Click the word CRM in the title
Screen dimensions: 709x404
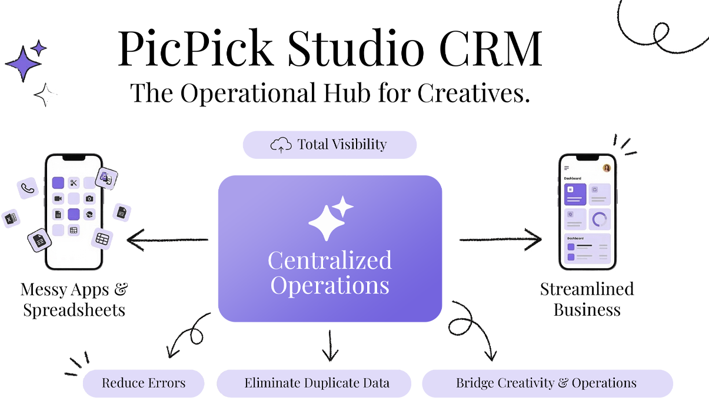click(x=491, y=48)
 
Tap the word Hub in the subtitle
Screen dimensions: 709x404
click(x=347, y=93)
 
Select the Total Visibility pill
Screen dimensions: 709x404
click(x=329, y=145)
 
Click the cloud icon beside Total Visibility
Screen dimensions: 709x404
click(x=281, y=145)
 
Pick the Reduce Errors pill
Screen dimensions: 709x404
click(x=144, y=383)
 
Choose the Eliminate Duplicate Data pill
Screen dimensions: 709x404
click(x=314, y=383)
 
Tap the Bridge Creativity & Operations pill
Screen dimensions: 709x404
click(x=547, y=383)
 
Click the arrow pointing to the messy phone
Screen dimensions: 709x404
click(x=168, y=240)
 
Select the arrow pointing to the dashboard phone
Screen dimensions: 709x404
click(x=500, y=240)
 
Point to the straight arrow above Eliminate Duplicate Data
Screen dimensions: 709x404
click(x=330, y=345)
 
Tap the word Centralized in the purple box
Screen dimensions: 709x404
click(x=330, y=261)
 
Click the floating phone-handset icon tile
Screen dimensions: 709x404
click(x=28, y=188)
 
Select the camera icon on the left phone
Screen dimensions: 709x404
click(x=89, y=199)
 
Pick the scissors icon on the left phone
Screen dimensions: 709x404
click(x=74, y=183)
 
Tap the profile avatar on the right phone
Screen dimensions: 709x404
click(x=607, y=168)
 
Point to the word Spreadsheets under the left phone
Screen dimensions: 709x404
click(x=74, y=310)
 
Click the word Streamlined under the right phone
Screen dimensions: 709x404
click(x=587, y=289)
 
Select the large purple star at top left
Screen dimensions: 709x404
click(x=23, y=64)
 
